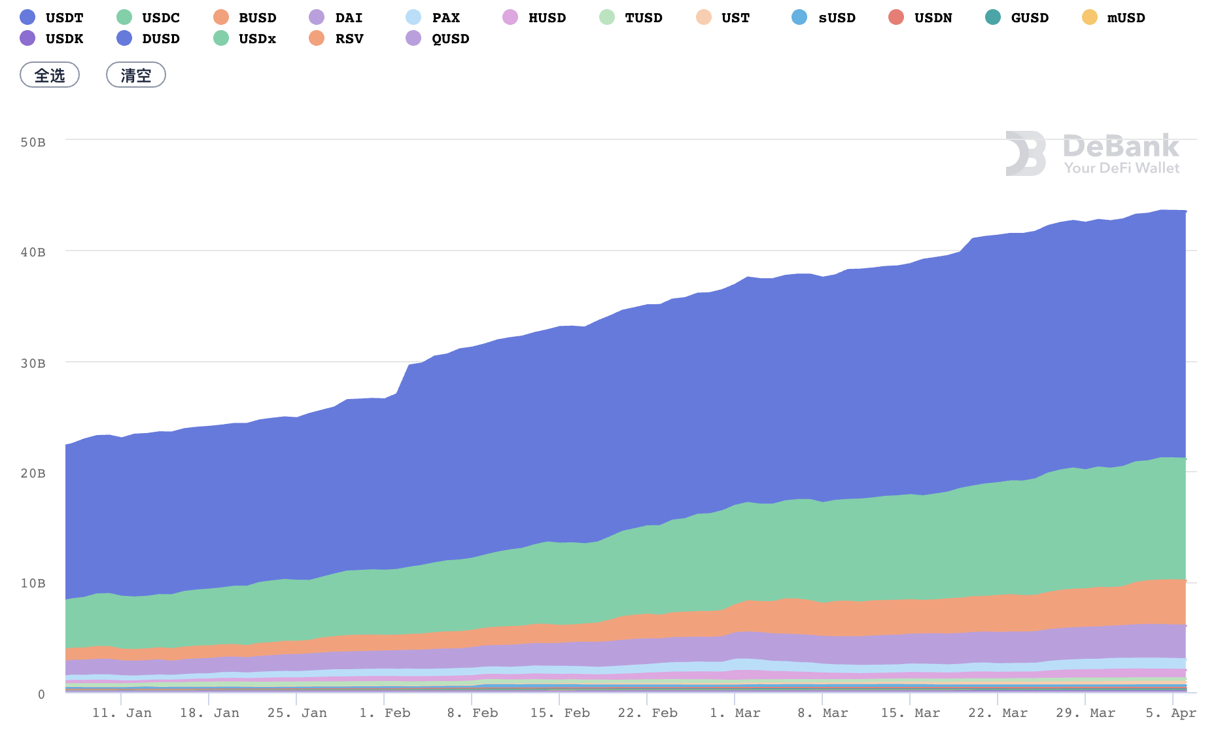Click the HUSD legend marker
[x=510, y=18]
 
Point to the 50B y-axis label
[x=33, y=142]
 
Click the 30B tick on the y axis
[x=33, y=363]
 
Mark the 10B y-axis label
[x=33, y=583]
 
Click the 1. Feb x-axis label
[x=385, y=713]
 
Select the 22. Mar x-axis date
[x=998, y=713]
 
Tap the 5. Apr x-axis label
[x=1171, y=713]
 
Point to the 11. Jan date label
[x=122, y=713]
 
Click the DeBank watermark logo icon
[x=1025, y=154]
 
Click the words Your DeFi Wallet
[x=1121, y=168]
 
